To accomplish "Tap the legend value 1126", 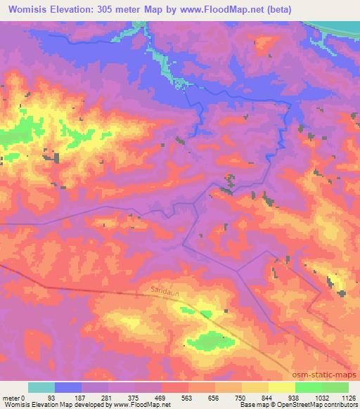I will [348, 397].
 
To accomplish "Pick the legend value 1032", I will [321, 397].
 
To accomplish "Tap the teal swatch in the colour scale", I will [41, 387].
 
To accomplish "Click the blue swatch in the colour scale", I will [68, 387].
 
